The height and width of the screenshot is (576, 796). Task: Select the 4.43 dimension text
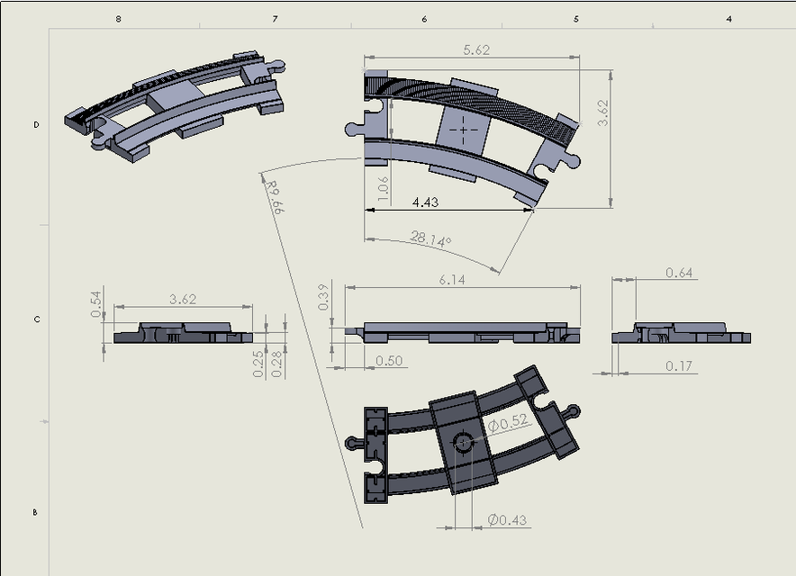(425, 202)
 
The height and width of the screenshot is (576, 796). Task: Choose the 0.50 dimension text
(389, 361)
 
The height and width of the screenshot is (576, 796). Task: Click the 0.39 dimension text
(324, 297)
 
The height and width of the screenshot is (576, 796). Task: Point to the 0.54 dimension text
(96, 303)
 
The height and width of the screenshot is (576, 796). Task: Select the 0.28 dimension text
(277, 363)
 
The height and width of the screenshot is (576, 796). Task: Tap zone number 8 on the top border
(119, 18)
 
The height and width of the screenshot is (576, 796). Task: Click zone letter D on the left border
(36, 125)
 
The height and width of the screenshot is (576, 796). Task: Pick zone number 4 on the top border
(728, 18)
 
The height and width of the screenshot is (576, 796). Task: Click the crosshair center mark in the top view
(464, 129)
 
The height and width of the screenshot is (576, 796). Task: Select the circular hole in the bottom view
(464, 442)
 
